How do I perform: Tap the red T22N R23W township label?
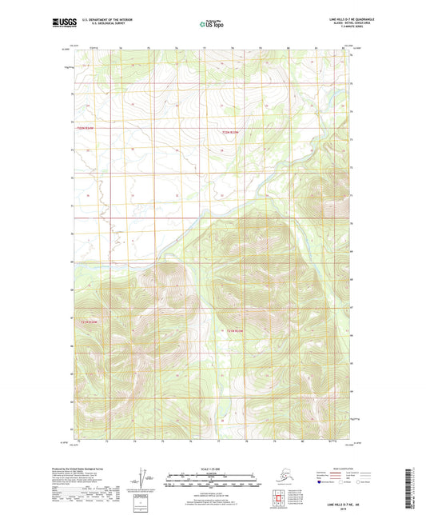click(x=86, y=128)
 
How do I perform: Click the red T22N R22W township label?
click(x=230, y=132)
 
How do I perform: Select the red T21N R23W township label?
click(x=86, y=321)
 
